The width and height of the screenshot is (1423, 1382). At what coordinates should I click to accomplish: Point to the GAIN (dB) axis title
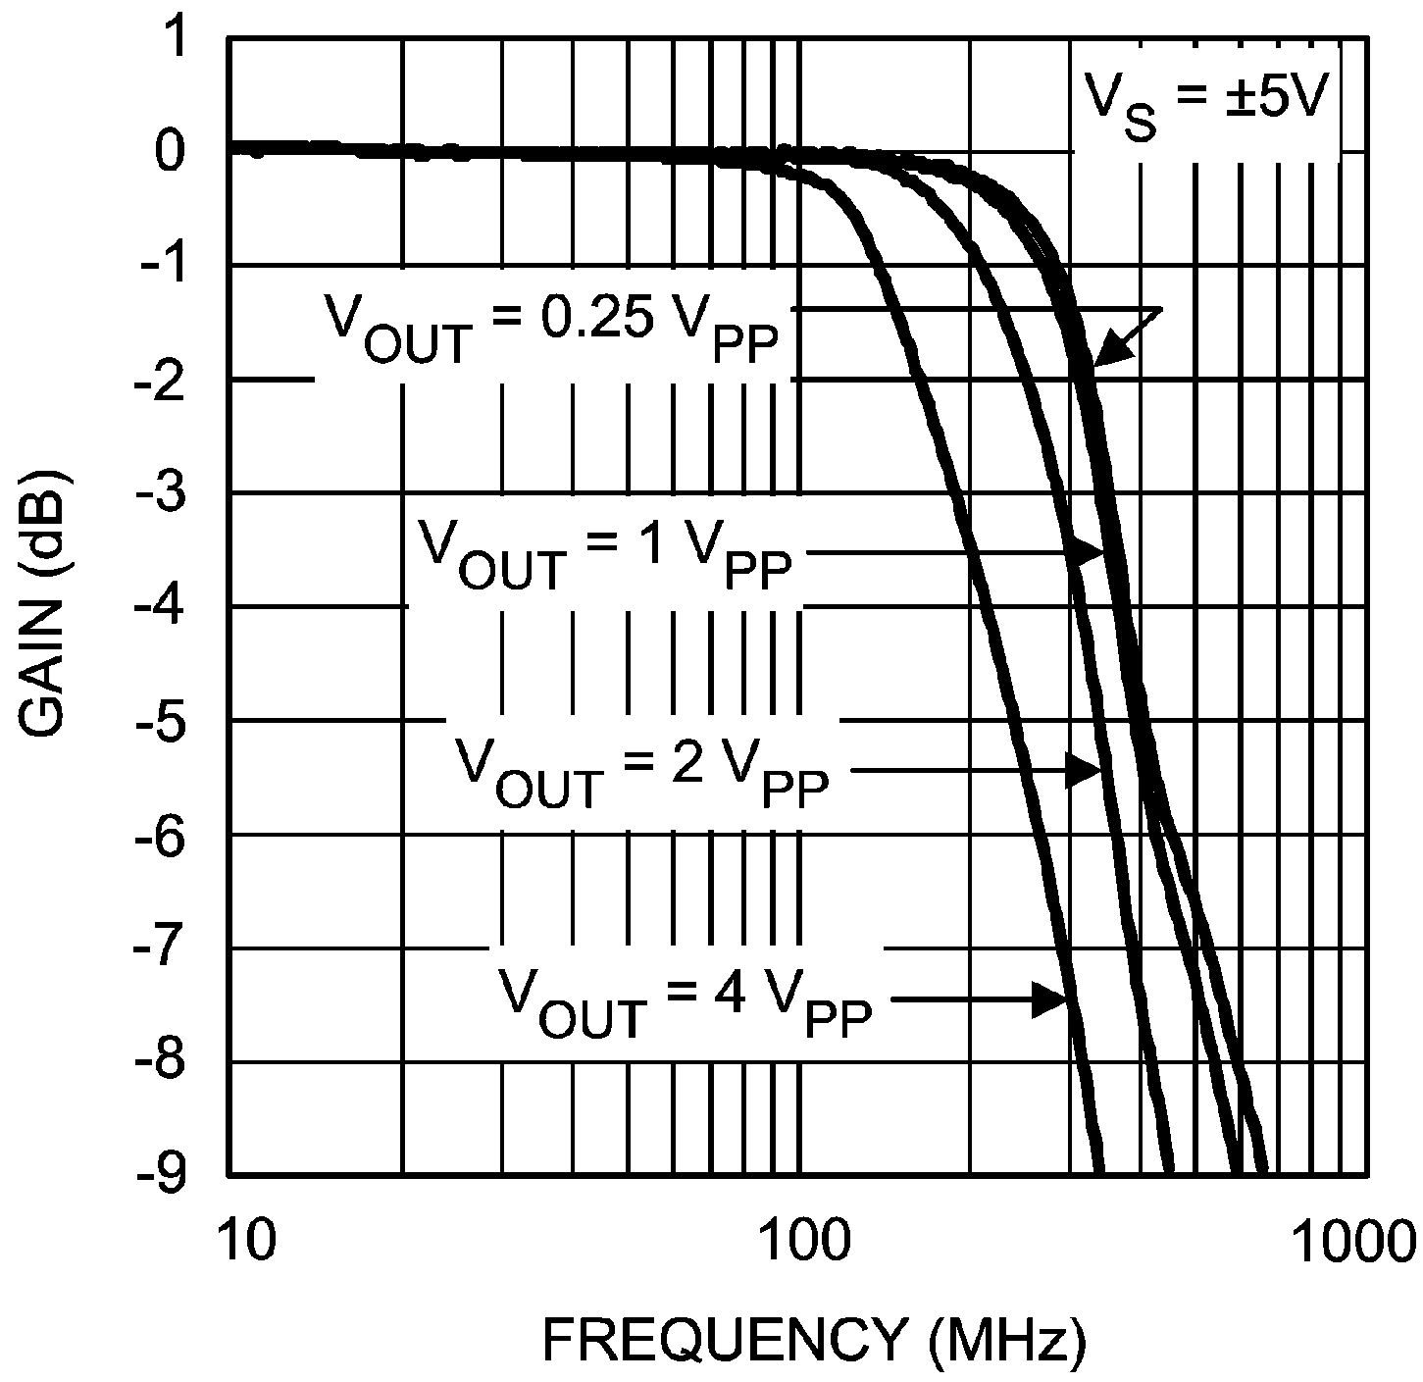click(44, 608)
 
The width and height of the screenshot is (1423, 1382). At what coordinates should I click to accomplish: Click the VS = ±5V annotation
click(1205, 102)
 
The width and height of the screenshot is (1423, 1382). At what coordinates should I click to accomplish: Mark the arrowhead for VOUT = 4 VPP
click(1051, 1000)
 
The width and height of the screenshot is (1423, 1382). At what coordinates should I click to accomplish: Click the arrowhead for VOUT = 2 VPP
click(1087, 769)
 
